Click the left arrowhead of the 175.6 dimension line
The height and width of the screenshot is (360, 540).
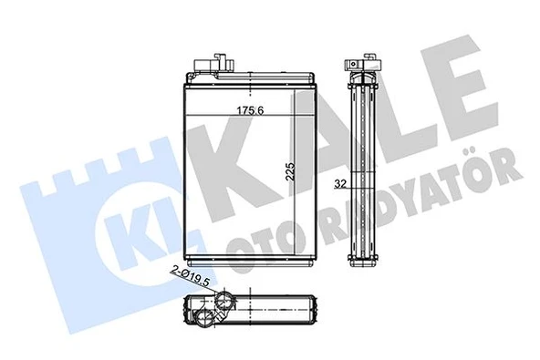[189, 113]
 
